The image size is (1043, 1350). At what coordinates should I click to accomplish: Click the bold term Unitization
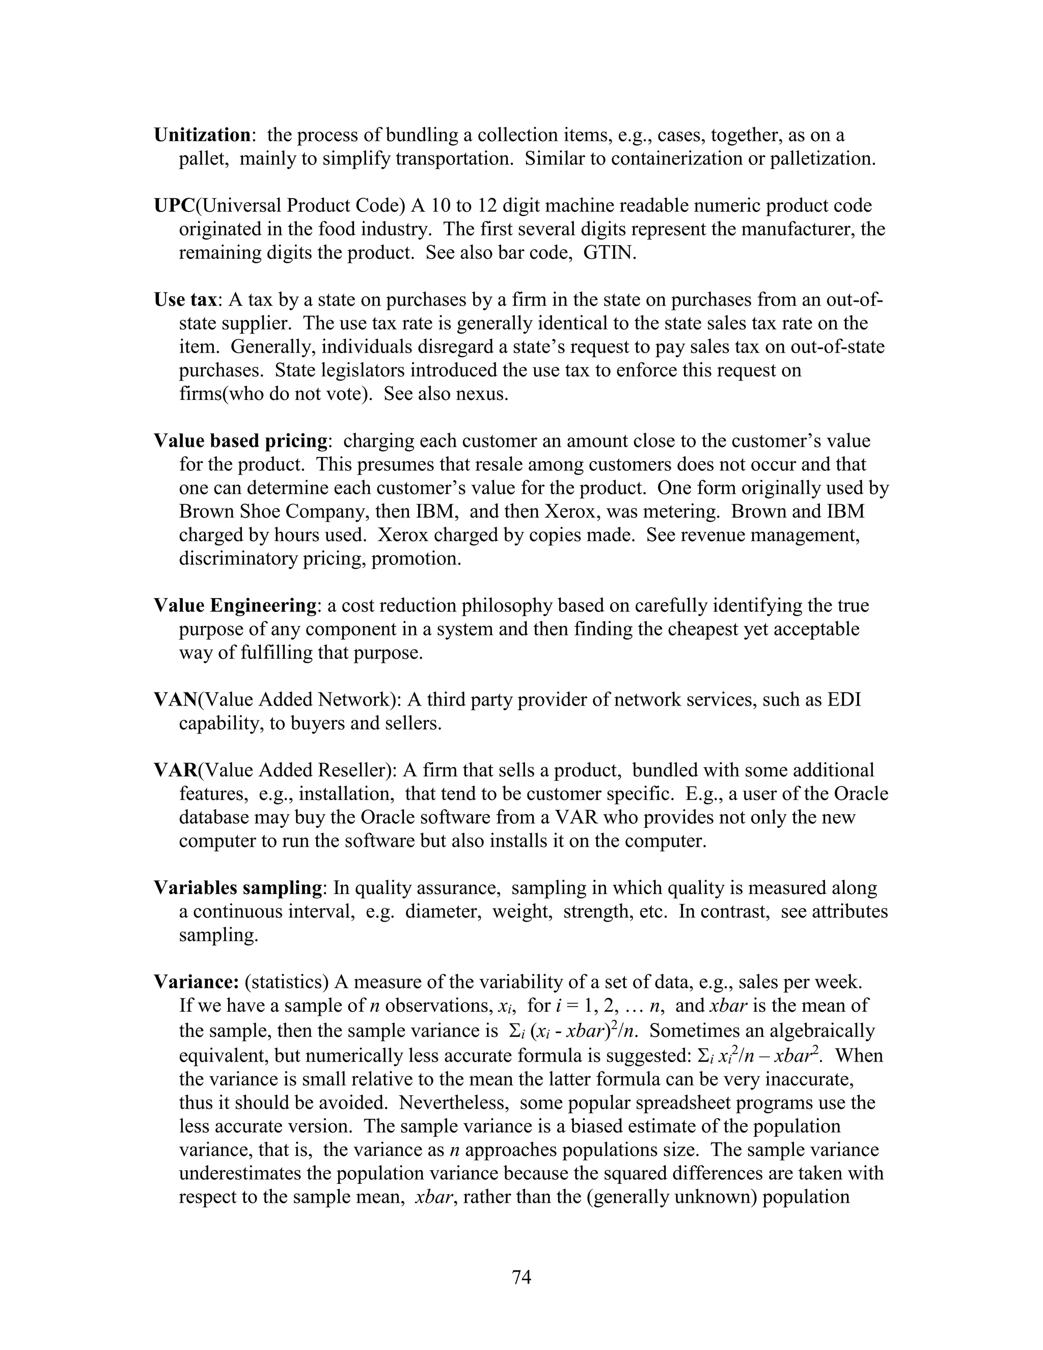click(x=202, y=136)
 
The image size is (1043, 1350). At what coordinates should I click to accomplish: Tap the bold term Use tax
click(x=185, y=300)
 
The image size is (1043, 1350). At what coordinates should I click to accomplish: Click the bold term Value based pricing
click(x=240, y=441)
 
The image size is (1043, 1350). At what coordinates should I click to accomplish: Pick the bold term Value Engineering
click(x=235, y=606)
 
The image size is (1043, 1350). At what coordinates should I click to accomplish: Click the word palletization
click(x=820, y=159)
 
